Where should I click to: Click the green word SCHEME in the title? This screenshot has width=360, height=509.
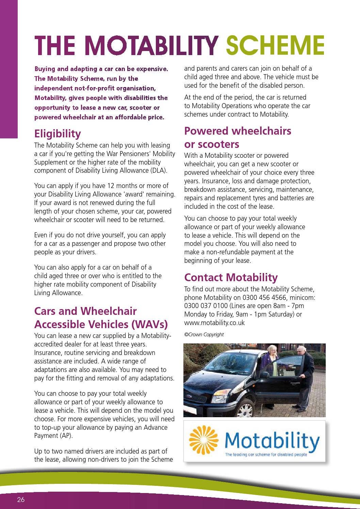275,45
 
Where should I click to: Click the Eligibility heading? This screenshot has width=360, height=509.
58,134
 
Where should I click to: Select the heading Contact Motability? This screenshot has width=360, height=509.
231,277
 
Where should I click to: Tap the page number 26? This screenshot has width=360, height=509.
21,499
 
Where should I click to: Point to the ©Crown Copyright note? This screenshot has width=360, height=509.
204,335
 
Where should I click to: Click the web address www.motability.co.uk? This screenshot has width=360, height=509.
214,323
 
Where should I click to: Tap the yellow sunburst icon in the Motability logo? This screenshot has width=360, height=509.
203,440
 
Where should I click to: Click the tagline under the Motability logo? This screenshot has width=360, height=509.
266,455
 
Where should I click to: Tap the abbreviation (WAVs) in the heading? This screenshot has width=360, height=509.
149,324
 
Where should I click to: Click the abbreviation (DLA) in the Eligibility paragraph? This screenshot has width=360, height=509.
159,171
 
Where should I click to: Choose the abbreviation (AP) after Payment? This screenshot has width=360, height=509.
67,436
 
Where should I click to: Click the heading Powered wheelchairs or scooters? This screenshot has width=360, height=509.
238,137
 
